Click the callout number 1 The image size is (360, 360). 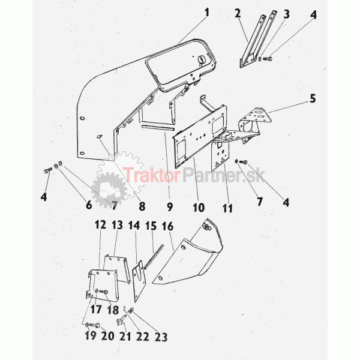point(207,13)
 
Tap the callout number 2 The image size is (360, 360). point(238,13)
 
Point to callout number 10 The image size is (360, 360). point(199,208)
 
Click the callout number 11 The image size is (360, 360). point(227,208)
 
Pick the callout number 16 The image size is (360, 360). point(167,226)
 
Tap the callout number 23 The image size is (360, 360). point(161,337)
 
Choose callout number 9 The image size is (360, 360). point(170,207)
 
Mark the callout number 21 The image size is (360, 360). point(125,337)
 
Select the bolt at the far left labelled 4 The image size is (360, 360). point(48,170)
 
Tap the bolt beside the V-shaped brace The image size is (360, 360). point(268,59)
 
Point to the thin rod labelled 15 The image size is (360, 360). point(154,256)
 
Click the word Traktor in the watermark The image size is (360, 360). point(151,175)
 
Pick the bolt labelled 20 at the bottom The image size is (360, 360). point(94,325)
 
